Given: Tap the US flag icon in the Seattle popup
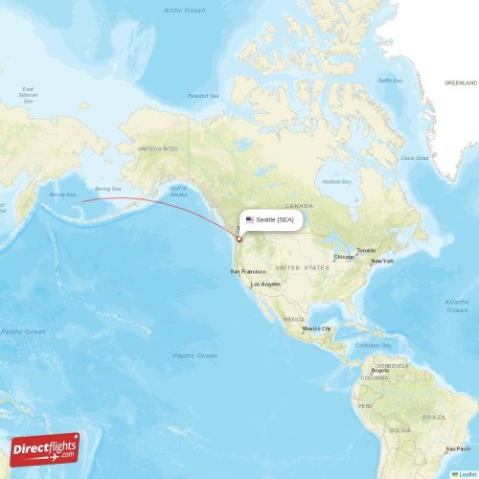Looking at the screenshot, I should [x=250, y=219].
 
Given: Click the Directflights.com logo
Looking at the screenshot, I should [x=44, y=447].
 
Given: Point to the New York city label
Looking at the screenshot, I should [x=382, y=262].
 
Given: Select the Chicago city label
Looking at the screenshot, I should [x=345, y=257].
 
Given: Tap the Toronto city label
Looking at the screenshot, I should [x=367, y=250].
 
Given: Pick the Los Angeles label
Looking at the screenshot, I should [x=266, y=285].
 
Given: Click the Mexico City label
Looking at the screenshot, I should [x=317, y=329].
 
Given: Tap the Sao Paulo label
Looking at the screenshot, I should [x=458, y=447].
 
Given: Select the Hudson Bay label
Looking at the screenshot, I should [x=337, y=181].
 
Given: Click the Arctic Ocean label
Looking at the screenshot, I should [x=184, y=10].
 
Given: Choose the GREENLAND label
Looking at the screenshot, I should [x=461, y=83].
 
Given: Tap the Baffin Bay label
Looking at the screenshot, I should [x=390, y=80].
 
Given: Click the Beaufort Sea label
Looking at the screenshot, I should [x=203, y=96].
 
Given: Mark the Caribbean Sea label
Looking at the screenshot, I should [x=375, y=345].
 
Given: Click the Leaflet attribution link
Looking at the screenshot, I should [x=468, y=473].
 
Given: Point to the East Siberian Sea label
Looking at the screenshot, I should [x=29, y=94].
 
